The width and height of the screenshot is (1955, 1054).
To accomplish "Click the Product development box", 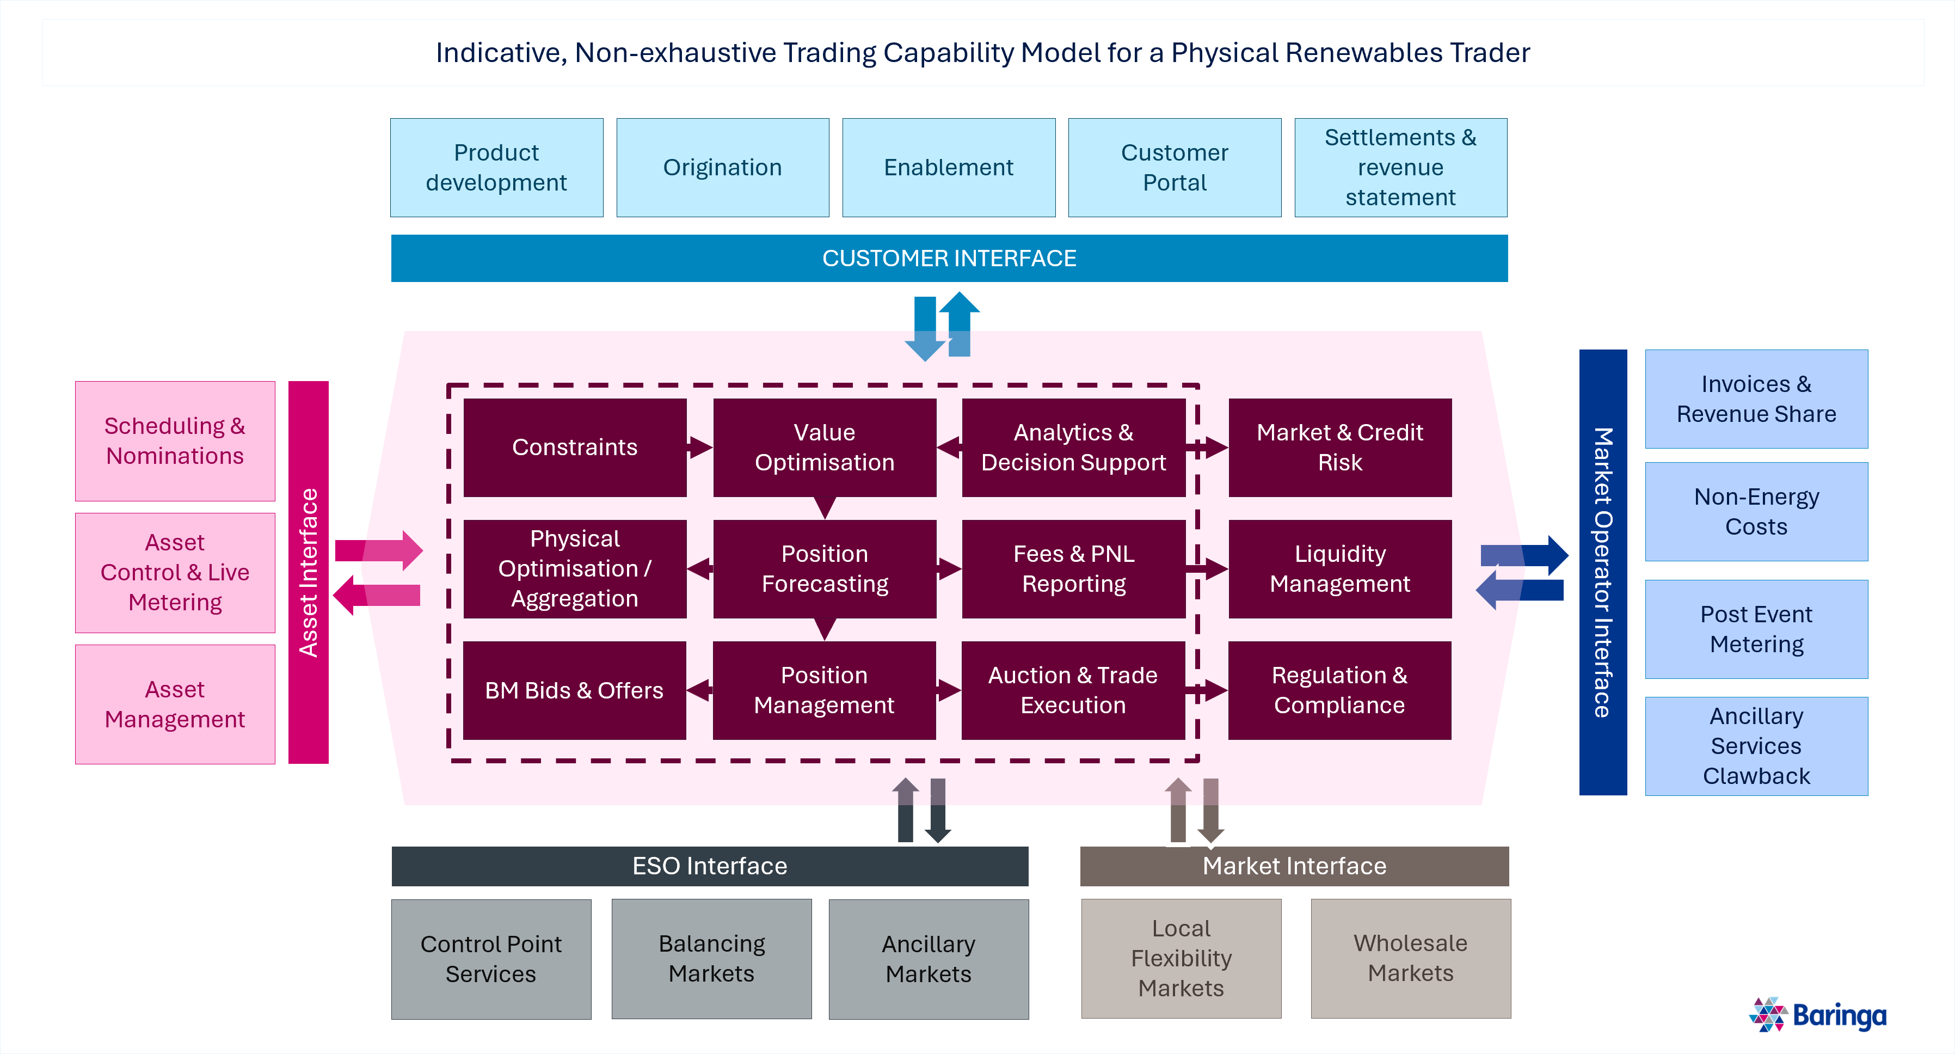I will tap(496, 167).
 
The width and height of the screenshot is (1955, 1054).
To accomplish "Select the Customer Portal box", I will tap(1174, 167).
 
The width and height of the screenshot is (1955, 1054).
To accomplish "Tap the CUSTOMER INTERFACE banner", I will tap(949, 258).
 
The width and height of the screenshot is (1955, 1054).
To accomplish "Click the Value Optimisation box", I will tap(824, 448).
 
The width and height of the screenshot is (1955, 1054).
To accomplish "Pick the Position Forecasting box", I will tap(824, 569).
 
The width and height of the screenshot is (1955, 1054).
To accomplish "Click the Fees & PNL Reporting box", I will tap(1073, 569).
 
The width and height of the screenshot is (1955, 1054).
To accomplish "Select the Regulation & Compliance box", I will tap(1339, 690).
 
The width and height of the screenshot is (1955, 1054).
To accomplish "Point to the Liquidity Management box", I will tap(1339, 569).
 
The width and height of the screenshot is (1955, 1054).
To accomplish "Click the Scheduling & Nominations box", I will tap(175, 440).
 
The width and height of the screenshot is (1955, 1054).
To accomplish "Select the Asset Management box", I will tap(175, 704).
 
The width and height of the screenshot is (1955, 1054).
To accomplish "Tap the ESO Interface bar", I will tap(710, 866).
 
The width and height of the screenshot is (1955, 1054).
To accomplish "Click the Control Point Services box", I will tap(490, 958).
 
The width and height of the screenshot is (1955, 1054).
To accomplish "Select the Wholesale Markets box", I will tap(1410, 958).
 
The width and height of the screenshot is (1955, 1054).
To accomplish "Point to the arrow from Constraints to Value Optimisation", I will tap(699, 448).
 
